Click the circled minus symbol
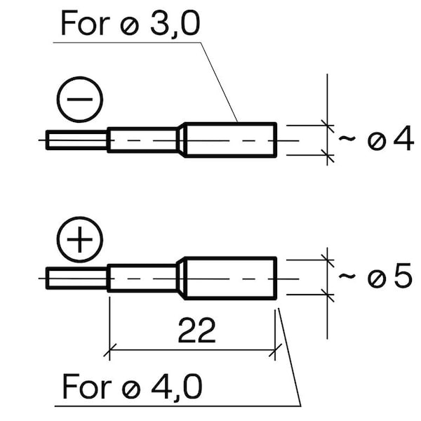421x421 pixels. point(80,100)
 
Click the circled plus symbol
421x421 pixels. point(80,239)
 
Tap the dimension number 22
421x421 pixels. point(196,330)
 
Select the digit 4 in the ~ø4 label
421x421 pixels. point(403,138)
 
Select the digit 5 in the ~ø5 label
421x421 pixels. point(403,276)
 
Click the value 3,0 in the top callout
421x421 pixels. point(175,24)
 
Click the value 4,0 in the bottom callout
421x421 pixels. point(177,387)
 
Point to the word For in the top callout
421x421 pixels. point(86,23)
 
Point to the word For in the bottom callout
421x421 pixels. point(86,387)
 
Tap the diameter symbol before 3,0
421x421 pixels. point(129,26)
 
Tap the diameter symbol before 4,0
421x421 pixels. point(131,389)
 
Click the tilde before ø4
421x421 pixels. point(347,138)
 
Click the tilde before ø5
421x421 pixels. point(347,276)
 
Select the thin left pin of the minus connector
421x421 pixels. point(76,140)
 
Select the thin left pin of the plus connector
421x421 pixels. point(76,278)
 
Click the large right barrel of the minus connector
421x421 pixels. point(231,140)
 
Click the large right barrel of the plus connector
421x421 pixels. point(231,278)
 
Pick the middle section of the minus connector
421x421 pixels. point(143,140)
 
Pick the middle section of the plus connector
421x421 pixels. point(143,278)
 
